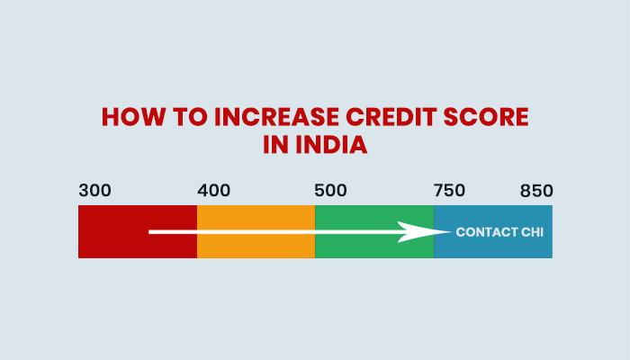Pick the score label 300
pos(94,191)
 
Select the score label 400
pos(213,191)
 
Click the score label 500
pos(330,191)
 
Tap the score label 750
pos(449,191)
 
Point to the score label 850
pos(535,191)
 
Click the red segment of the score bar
pos(112,247)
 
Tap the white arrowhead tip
pos(449,232)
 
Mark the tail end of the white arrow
pos(150,232)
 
